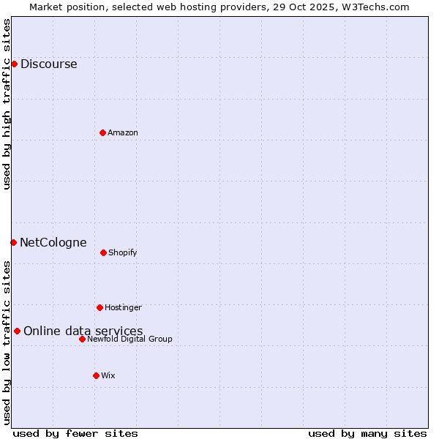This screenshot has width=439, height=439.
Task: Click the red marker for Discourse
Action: (14, 64)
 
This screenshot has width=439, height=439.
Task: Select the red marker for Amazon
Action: (102, 132)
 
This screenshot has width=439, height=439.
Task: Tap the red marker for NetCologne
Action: (13, 242)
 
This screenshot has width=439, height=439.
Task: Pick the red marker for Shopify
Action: (103, 252)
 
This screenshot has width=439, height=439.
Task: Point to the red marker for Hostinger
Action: (100, 307)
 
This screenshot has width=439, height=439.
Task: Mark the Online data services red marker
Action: (17, 331)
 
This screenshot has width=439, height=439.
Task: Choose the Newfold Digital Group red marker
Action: (82, 339)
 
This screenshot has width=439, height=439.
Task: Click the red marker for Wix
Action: (96, 375)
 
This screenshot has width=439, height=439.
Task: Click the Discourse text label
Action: (48, 64)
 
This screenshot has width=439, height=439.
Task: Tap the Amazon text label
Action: (123, 132)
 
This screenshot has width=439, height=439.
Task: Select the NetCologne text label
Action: (53, 242)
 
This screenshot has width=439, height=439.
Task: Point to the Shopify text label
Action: (123, 252)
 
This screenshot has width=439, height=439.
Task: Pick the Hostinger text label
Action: (123, 307)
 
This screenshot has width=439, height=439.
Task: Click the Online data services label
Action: (83, 331)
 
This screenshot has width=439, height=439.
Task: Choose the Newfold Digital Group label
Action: (130, 339)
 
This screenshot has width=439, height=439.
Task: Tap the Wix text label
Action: (108, 375)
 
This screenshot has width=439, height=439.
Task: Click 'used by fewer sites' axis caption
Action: (75, 433)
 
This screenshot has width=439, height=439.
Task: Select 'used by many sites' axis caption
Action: (367, 433)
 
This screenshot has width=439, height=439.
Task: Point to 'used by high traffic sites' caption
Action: (7, 104)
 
